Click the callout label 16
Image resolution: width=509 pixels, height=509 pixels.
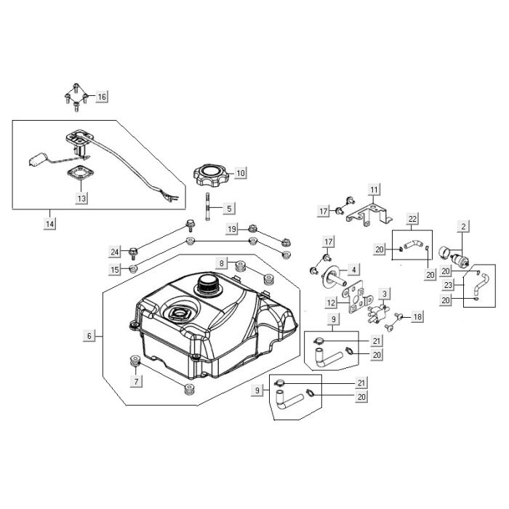pos(102,97)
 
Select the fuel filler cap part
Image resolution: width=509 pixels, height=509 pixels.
pos(211,175)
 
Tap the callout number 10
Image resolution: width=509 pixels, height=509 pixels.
pos(240,173)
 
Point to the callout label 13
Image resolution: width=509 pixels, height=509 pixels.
pos(81,198)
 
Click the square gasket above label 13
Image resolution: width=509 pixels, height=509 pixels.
pos(80,173)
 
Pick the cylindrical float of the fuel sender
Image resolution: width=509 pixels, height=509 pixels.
pos(39,160)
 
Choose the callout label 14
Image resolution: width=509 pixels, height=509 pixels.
pos(50,224)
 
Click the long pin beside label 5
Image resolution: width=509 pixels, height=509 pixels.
pos(207,207)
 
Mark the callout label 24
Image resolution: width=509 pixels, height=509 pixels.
pos(115,252)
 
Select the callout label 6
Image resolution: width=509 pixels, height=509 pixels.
pos(89,336)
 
